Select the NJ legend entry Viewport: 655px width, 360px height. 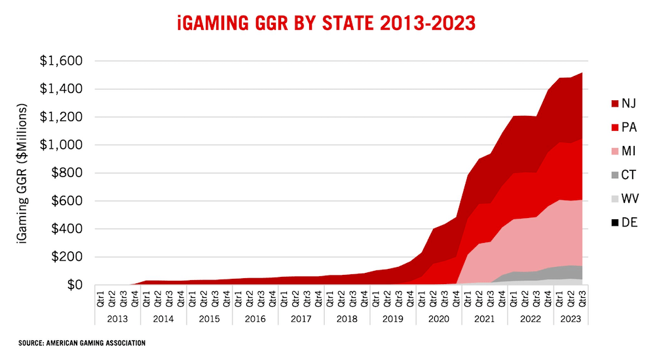click(622, 103)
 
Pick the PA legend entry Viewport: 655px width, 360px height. click(622, 127)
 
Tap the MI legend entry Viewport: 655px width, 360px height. click(622, 151)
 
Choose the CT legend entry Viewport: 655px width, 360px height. click(622, 175)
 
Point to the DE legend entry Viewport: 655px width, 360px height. click(622, 223)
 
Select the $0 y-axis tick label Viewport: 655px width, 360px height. click(73, 285)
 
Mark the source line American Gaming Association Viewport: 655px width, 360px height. click(82, 343)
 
